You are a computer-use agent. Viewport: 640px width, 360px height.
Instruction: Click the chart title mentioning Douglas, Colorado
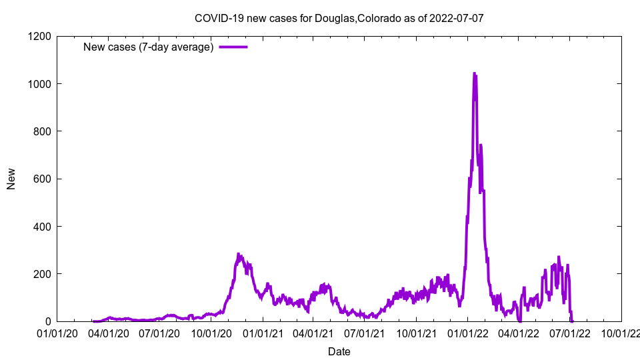[x=339, y=18]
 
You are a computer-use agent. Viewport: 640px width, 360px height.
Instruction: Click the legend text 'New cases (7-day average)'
[x=148, y=47]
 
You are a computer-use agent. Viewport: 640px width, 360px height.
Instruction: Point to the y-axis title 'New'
[x=11, y=179]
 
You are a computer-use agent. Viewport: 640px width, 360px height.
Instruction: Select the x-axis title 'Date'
[x=339, y=351]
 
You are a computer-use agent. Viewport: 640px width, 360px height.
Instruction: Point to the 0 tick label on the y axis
[x=48, y=321]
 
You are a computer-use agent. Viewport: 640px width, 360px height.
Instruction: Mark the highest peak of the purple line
[x=474, y=73]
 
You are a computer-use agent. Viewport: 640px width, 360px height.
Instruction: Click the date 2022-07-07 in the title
[x=457, y=18]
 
